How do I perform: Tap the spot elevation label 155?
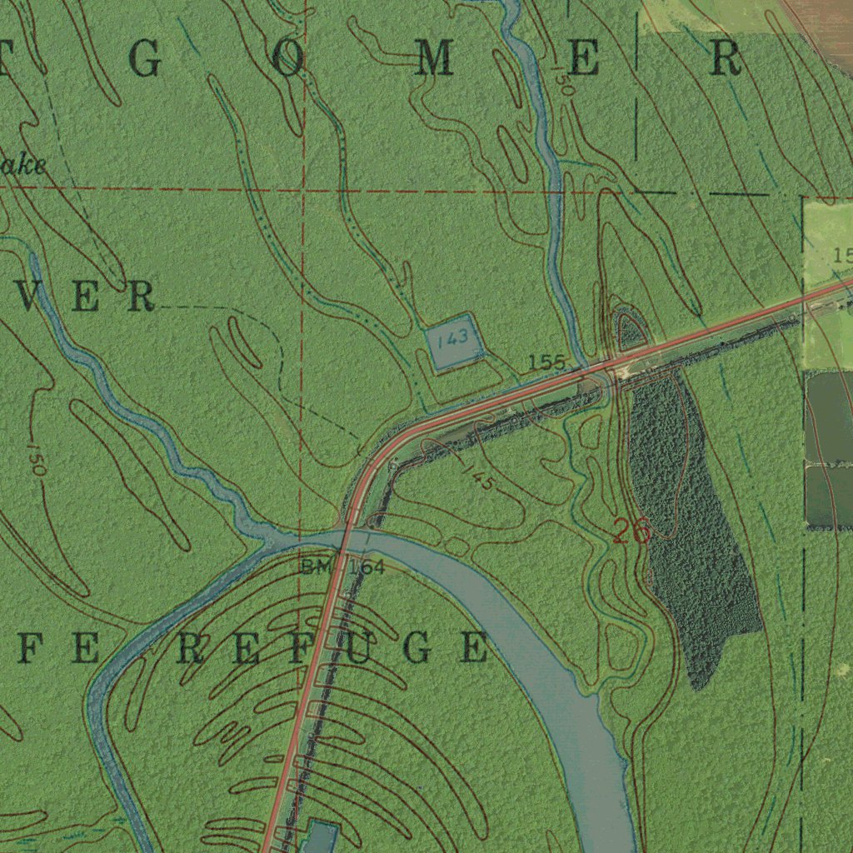tap(546, 362)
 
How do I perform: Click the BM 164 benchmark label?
tap(342, 568)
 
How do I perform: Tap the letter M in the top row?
tap(434, 60)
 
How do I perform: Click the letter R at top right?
tap(725, 60)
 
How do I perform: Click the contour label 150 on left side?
tap(36, 459)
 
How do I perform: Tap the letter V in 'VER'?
tap(30, 297)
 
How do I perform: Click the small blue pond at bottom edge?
tap(322, 836)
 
